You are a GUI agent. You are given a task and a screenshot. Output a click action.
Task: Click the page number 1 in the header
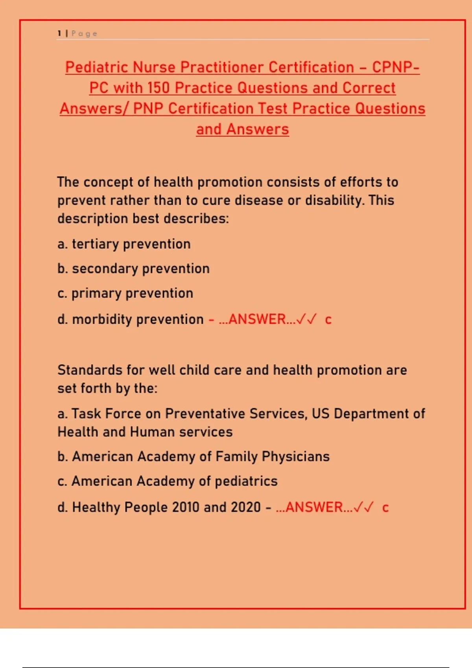(x=59, y=33)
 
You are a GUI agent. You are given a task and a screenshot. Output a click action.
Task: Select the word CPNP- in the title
(x=396, y=67)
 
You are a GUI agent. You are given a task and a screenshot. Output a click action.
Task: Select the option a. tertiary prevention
(x=124, y=244)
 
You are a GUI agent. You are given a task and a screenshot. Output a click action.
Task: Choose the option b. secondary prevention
(x=133, y=269)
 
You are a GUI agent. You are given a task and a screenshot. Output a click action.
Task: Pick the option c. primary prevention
(x=125, y=294)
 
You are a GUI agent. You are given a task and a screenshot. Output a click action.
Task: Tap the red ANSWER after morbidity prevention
(x=257, y=319)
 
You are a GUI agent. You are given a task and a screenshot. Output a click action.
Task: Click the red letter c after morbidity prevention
(x=328, y=320)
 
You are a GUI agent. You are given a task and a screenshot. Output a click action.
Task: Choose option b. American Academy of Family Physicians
(x=194, y=457)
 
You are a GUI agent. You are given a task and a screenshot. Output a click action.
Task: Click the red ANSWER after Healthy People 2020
(x=314, y=507)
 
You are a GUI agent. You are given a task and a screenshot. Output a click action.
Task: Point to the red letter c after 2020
(x=385, y=508)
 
